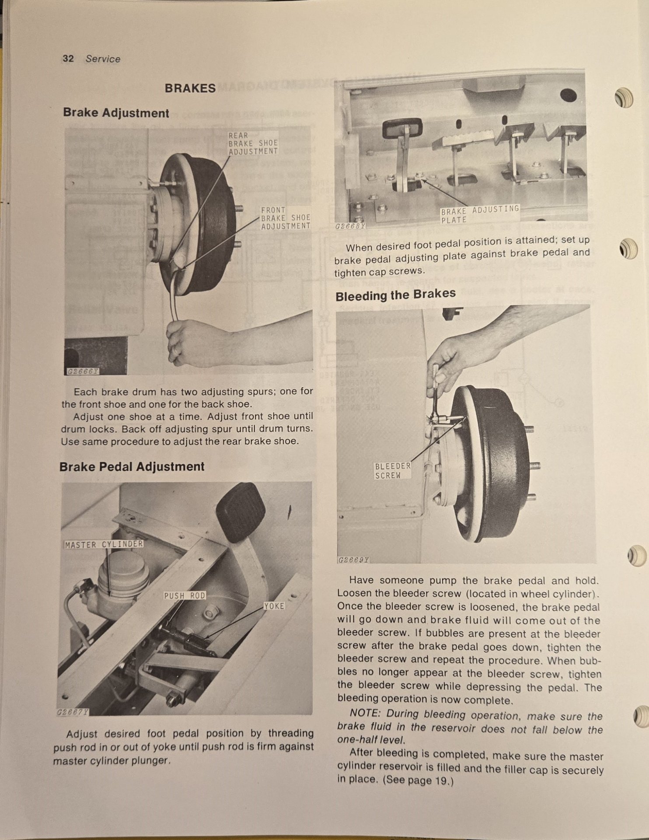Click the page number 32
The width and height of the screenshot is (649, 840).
[68, 59]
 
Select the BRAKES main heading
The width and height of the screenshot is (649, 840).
[190, 88]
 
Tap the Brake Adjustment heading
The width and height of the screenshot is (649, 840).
[116, 113]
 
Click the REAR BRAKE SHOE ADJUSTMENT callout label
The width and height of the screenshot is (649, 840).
[253, 143]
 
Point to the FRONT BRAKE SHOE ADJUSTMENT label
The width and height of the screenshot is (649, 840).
[286, 218]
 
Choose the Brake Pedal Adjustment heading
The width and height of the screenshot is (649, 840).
[132, 466]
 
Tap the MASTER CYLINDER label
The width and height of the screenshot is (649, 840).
[104, 544]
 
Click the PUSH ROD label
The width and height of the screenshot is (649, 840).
[185, 595]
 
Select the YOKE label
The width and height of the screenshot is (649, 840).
[274, 606]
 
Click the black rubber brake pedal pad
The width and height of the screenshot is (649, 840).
[241, 512]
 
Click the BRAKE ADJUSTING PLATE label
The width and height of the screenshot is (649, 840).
[480, 214]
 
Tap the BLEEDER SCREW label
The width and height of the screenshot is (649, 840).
[393, 471]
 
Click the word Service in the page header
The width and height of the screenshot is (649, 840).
[103, 59]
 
